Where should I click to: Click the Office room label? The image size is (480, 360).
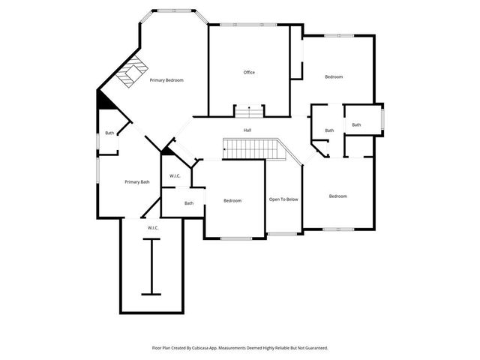pyautogui.click(x=249, y=73)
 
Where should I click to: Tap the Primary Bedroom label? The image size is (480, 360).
pyautogui.click(x=166, y=79)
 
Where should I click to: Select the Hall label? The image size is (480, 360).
pyautogui.click(x=247, y=130)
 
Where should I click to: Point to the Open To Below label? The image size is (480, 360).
pyautogui.click(x=283, y=199)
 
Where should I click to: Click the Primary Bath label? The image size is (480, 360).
pyautogui.click(x=137, y=181)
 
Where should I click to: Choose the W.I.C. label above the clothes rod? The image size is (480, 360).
pyautogui.click(x=151, y=227)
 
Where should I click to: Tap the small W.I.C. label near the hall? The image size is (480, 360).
pyautogui.click(x=175, y=176)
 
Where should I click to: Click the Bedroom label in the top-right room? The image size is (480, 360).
pyautogui.click(x=334, y=77)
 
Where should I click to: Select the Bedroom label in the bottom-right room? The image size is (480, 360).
pyautogui.click(x=338, y=196)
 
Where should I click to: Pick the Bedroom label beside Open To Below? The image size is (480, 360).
pyautogui.click(x=232, y=200)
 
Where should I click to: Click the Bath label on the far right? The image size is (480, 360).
pyautogui.click(x=356, y=125)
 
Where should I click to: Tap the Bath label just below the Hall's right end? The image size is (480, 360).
pyautogui.click(x=329, y=131)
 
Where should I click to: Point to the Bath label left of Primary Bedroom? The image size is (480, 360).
pyautogui.click(x=109, y=133)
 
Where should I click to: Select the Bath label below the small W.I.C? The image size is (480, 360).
pyautogui.click(x=189, y=203)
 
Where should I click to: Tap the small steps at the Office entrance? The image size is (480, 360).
pyautogui.click(x=249, y=112)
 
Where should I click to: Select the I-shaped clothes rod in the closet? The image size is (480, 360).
pyautogui.click(x=151, y=266)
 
